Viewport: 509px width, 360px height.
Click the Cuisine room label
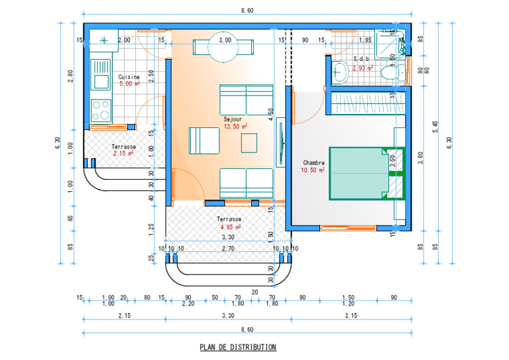click(x=129, y=77)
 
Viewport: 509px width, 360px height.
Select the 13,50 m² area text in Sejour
click(x=235, y=126)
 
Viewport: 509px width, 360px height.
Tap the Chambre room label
click(x=313, y=162)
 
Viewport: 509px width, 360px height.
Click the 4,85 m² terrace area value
click(x=230, y=227)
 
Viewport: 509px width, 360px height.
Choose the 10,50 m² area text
click(x=313, y=170)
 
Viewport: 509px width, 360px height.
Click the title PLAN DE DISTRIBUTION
click(x=238, y=347)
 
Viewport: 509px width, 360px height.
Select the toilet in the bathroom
click(x=396, y=73)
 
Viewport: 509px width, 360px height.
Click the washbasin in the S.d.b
click(x=340, y=72)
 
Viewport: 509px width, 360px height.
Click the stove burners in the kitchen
click(x=101, y=107)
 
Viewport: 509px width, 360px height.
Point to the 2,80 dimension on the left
click(x=70, y=77)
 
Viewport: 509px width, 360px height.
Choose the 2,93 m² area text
click(x=363, y=68)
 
